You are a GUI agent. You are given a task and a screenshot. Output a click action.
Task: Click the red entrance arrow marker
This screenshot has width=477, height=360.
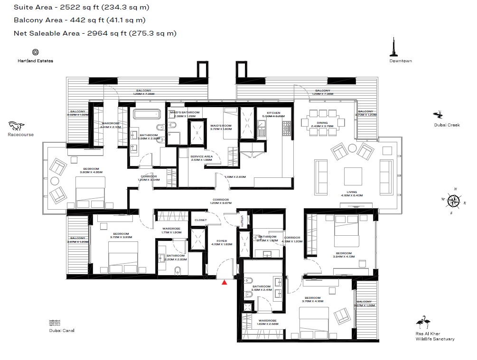(224, 282)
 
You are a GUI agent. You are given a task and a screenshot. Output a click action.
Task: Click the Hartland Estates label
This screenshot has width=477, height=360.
(35, 61)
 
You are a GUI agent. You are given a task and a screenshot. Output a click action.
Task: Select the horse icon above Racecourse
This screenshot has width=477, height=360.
(17, 126)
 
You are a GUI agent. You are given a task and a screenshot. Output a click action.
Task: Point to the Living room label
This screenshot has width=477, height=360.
(351, 193)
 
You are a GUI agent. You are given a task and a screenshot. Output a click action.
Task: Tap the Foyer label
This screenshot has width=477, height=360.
(222, 241)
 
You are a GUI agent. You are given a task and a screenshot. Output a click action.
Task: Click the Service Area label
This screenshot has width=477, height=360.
(201, 157)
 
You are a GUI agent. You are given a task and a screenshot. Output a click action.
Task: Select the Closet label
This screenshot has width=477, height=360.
(201, 220)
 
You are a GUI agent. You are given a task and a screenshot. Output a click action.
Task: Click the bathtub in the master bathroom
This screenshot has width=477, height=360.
(146, 114)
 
